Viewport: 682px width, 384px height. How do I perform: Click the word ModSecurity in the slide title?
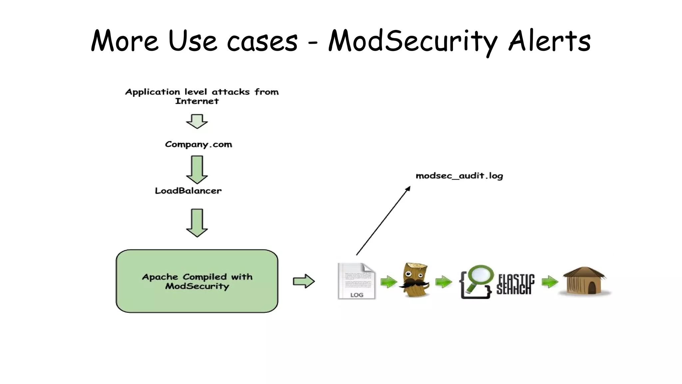pos(412,41)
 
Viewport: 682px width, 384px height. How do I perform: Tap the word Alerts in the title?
pos(549,41)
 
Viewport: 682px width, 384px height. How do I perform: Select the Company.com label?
pos(198,144)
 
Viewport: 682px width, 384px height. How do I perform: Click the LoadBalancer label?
pos(188,191)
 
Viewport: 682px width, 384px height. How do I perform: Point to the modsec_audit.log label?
pos(459,176)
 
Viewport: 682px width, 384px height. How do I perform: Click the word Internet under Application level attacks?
pos(197,101)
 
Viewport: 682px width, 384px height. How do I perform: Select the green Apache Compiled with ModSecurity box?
pos(197,281)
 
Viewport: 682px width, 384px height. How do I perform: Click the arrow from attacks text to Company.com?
pos(197,121)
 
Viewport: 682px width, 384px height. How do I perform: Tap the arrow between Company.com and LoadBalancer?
pos(197,170)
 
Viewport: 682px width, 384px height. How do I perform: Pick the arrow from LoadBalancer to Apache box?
pos(197,223)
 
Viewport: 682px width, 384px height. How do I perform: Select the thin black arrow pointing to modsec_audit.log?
pos(383,221)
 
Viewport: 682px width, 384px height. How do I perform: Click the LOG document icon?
pos(356,281)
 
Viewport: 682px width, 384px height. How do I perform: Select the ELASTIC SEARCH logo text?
pos(515,284)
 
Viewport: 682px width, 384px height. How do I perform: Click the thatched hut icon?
pos(584,281)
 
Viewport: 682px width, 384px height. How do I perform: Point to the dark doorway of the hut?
pos(592,288)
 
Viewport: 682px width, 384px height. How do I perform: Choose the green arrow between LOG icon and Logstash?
pos(389,282)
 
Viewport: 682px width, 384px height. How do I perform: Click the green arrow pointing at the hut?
pos(549,282)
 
